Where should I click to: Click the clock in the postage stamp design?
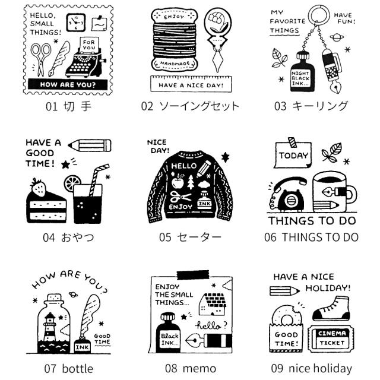tap(76, 23)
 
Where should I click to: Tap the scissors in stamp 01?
tap(40, 59)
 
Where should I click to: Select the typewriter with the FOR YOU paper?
tap(85, 58)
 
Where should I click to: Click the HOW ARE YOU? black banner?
tap(68, 84)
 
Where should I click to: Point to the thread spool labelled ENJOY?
tap(174, 40)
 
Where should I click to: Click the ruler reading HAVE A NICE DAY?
tap(191, 84)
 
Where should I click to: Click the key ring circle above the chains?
tap(319, 14)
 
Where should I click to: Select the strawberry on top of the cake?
tap(39, 187)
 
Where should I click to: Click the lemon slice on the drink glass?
tap(72, 183)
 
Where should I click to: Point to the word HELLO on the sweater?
tap(184, 166)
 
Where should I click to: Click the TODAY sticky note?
tap(293, 154)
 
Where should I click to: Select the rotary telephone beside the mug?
tap(287, 194)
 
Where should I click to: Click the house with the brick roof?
tap(213, 304)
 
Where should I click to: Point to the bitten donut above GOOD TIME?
tap(286, 315)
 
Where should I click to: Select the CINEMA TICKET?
tap(331, 339)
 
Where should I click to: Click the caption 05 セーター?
tap(190, 237)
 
